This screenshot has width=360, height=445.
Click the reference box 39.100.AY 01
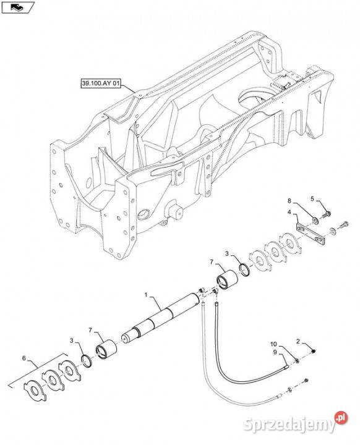[101, 83]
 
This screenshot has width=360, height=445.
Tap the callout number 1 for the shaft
[146, 295]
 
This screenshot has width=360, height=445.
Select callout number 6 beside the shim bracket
[24, 358]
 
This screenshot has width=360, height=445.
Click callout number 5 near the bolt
[312, 198]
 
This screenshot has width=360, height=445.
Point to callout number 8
[289, 201]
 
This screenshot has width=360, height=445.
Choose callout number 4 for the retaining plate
[289, 212]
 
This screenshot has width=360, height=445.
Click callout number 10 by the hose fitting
[273, 344]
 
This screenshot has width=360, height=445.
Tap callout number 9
[275, 352]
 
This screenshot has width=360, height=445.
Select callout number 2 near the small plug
[298, 341]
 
